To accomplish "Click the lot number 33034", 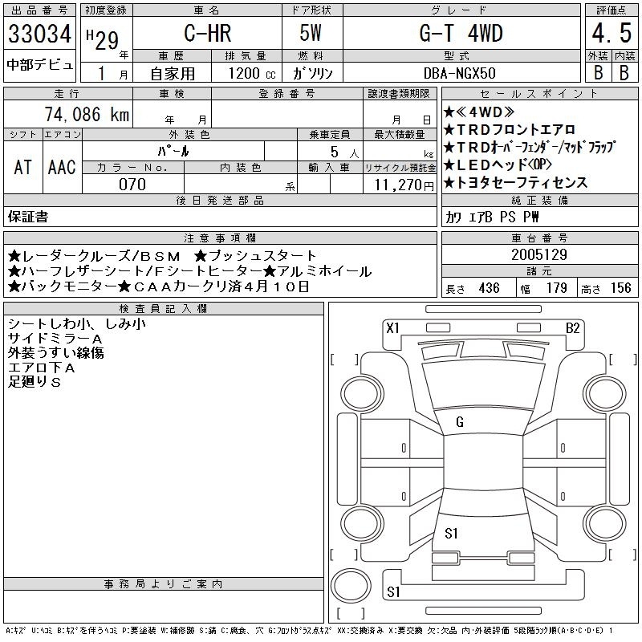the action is click(x=39, y=34).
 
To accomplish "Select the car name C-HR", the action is click(x=208, y=33).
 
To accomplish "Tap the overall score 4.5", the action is click(x=612, y=33).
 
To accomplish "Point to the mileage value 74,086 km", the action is click(x=87, y=114).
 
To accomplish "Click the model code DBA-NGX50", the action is click(x=459, y=73).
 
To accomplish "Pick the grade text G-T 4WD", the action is click(x=461, y=33).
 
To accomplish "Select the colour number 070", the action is click(x=132, y=185).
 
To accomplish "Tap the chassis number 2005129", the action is click(x=539, y=254).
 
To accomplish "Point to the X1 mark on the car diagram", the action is click(x=392, y=328).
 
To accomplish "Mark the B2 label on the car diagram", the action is click(x=573, y=328).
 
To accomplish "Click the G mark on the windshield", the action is click(x=460, y=422).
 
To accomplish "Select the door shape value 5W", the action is click(x=311, y=33).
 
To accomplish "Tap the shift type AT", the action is click(x=23, y=167).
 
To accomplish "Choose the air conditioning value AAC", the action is click(x=62, y=167).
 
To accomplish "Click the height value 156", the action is click(x=620, y=288).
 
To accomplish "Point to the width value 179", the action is click(x=557, y=288).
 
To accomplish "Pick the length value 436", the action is click(x=489, y=288).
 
